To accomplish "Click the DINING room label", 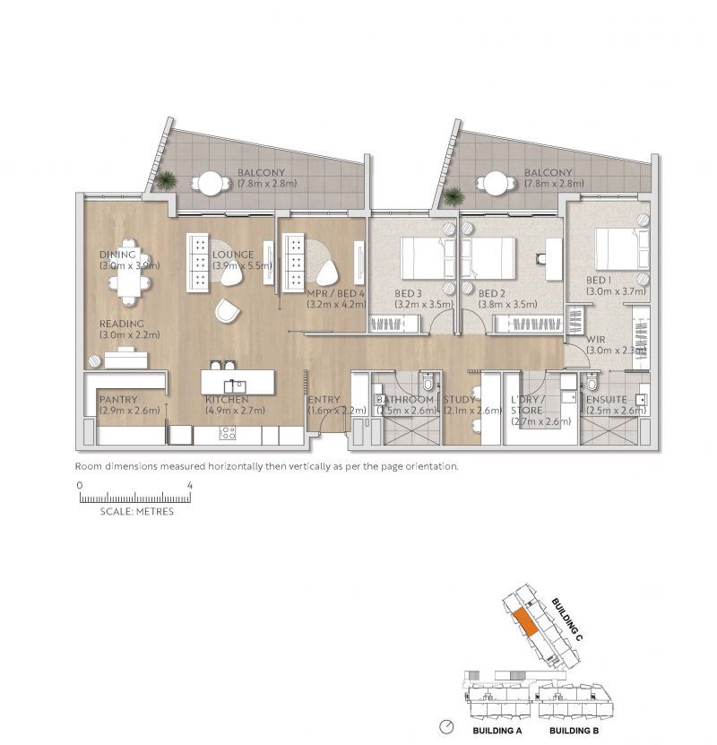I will tap(117, 255).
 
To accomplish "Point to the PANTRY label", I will tap(118, 399).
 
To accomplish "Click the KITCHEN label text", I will tap(226, 399).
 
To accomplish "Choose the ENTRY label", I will tap(324, 399).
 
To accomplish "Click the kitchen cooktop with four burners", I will tap(228, 433).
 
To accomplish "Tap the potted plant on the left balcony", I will tap(165, 180).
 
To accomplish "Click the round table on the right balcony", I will tap(494, 182).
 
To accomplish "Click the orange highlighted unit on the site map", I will tap(526, 621).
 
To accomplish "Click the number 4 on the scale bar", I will tap(189, 484).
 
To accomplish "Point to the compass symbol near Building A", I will tap(446, 725).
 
